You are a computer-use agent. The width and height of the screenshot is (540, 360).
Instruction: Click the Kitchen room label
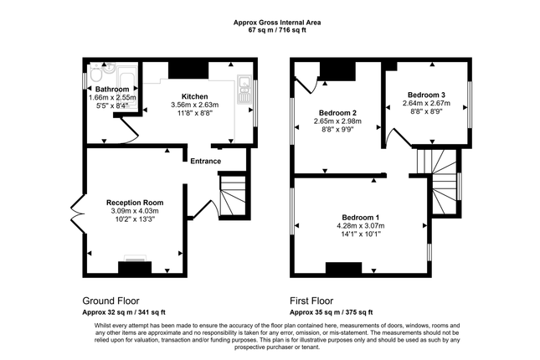(x=194, y=96)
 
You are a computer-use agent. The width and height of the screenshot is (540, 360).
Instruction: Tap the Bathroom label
(x=112, y=90)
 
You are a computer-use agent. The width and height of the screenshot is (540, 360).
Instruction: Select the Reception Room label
(x=135, y=203)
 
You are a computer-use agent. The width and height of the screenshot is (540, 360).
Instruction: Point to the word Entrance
(x=206, y=162)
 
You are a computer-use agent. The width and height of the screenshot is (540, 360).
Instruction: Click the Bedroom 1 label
(x=361, y=218)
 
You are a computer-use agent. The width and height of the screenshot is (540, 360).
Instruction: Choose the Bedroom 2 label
(x=337, y=113)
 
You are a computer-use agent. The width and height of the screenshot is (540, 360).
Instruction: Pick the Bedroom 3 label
(x=426, y=95)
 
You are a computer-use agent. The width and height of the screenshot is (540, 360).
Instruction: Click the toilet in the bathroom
(x=95, y=73)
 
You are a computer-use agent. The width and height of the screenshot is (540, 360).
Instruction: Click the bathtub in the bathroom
(x=127, y=87)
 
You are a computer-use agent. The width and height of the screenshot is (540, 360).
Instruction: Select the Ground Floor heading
(x=111, y=301)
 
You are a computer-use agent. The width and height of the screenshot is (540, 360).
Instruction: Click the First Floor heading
(x=311, y=301)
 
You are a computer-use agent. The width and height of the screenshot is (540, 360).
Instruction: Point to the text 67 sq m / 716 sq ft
(x=277, y=30)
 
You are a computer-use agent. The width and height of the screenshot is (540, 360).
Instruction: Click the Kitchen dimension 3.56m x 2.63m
(x=195, y=105)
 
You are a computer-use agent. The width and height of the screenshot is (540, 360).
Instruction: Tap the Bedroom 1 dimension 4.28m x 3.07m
(x=361, y=226)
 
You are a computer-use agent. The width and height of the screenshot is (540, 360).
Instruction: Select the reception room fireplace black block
(x=135, y=267)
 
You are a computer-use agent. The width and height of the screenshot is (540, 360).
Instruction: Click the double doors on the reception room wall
(x=78, y=214)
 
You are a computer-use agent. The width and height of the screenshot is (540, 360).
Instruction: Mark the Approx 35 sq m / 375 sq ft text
(x=332, y=312)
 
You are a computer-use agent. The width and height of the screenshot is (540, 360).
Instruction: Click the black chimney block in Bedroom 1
(x=344, y=268)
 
